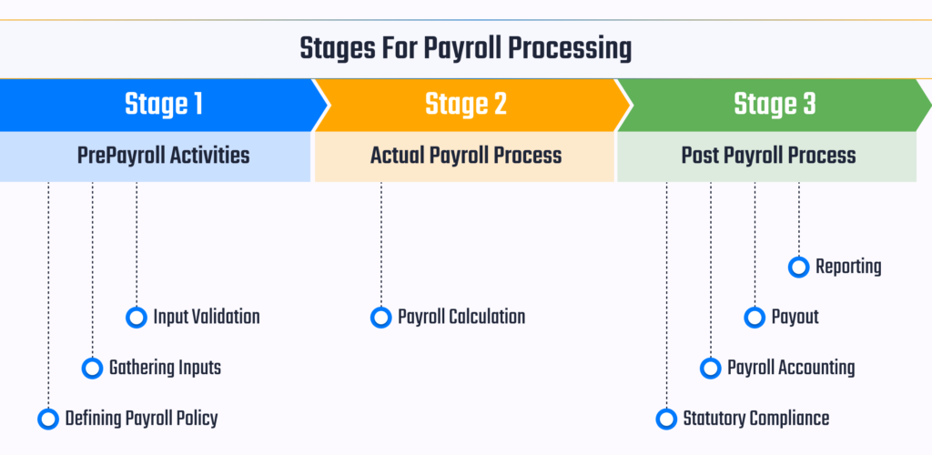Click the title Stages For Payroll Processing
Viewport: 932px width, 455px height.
pos(465,48)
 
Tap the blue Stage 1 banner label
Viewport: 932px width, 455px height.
pos(163,105)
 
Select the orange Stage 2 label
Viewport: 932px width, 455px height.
pos(465,105)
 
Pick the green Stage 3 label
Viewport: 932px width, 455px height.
pos(775,105)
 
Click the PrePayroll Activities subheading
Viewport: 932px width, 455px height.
pos(163,156)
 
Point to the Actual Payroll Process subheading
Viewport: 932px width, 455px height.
pos(465,156)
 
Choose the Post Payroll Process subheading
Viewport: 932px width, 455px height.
pos(768,156)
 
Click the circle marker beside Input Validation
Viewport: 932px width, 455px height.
pos(137,318)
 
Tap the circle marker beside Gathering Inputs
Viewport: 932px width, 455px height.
pos(92,369)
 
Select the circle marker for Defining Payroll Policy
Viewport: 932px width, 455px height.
pos(48,419)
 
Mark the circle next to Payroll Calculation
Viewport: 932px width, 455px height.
pos(381,318)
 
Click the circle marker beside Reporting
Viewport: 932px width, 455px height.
pos(798,267)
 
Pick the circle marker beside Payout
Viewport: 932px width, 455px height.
pos(755,318)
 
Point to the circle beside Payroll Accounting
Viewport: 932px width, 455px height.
pos(710,369)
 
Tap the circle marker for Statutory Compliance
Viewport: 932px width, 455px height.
pos(666,419)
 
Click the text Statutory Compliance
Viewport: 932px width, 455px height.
pos(755,419)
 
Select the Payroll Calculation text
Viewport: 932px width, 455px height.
pos(461,318)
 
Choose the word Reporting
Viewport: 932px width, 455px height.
pos(848,267)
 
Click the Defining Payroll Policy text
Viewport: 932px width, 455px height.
pos(141,419)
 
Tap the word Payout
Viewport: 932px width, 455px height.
pos(795,318)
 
